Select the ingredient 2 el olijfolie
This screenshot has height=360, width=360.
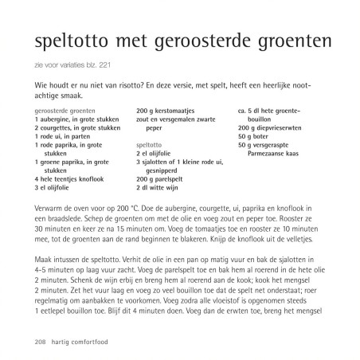coord(158,154)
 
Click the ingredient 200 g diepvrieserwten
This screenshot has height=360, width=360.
coord(272,127)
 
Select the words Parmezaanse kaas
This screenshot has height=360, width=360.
coord(277,154)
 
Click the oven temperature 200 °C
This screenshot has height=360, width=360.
coord(128,206)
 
